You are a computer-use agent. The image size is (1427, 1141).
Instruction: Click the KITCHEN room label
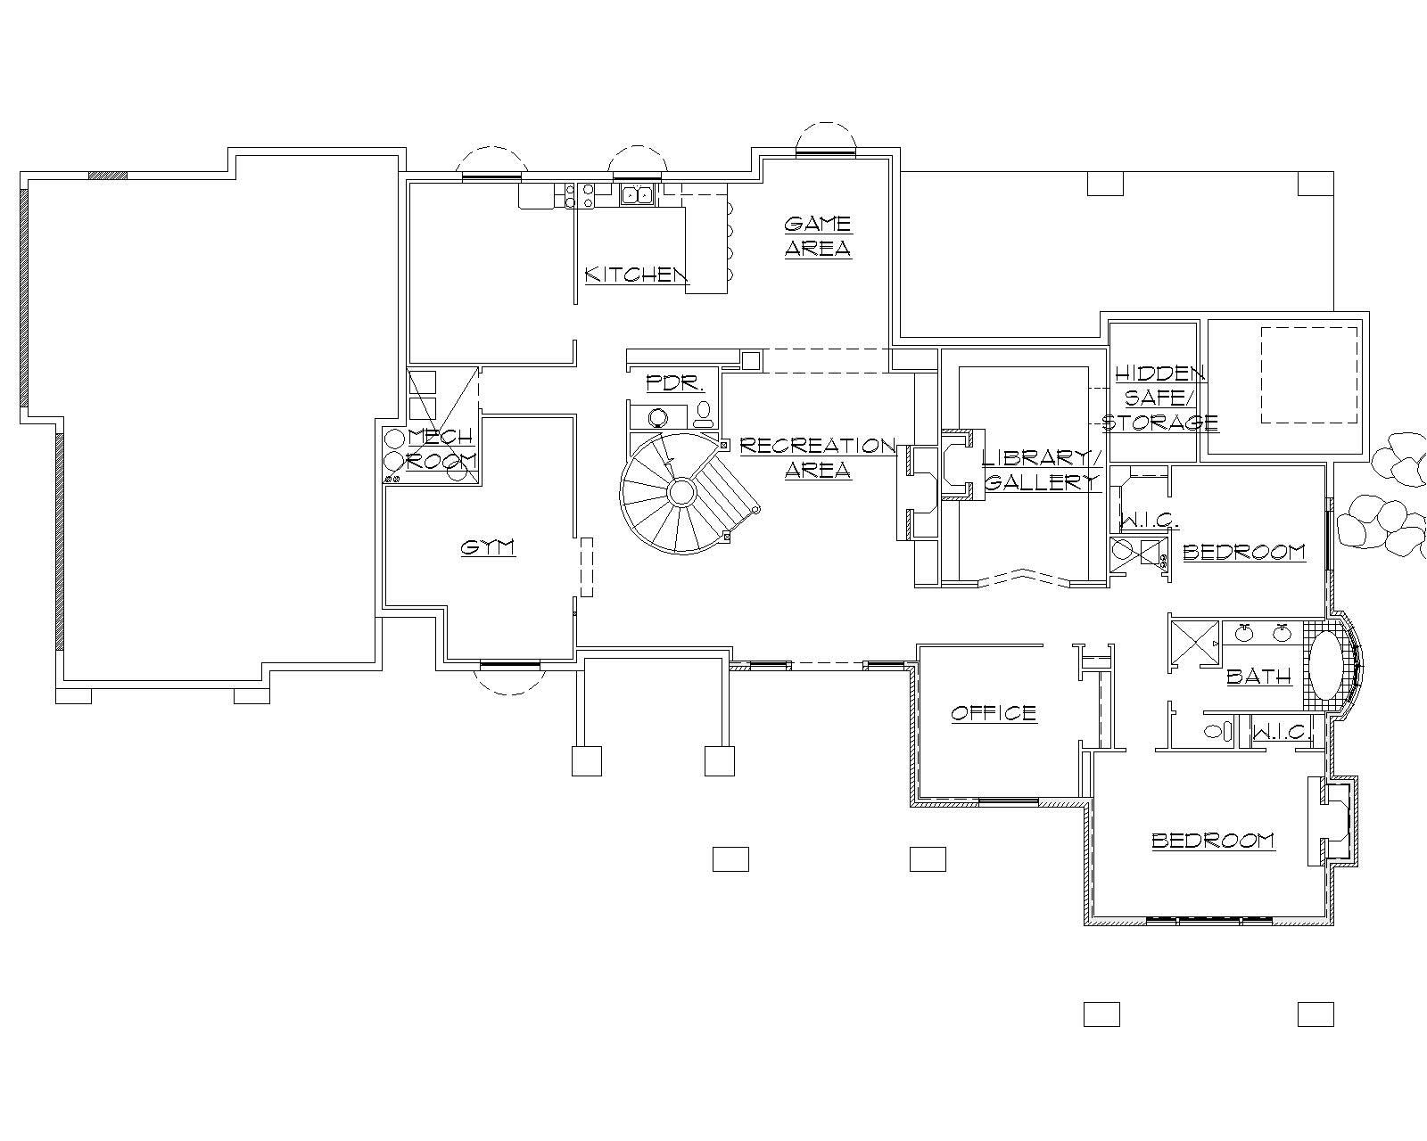[636, 275]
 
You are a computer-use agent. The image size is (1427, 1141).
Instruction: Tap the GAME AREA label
[818, 236]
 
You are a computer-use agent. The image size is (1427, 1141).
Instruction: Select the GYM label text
[488, 547]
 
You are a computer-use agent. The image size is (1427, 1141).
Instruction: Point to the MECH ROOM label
[441, 448]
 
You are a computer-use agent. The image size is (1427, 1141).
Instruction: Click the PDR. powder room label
[675, 383]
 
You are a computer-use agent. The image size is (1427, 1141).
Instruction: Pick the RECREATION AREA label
[818, 457]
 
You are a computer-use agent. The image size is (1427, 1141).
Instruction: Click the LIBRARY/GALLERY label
[1042, 470]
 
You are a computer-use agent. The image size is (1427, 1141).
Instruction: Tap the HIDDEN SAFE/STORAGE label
[1159, 398]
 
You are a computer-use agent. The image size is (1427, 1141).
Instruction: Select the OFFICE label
[994, 713]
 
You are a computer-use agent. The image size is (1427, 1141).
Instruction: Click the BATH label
[1259, 677]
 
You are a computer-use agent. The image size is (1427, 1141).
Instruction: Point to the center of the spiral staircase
[681, 492]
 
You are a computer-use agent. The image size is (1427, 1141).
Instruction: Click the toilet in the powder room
[704, 412]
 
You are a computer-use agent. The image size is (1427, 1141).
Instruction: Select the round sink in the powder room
[659, 417]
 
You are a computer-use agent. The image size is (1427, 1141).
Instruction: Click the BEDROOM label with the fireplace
[1213, 841]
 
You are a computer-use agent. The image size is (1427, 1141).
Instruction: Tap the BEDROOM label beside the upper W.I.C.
[1244, 552]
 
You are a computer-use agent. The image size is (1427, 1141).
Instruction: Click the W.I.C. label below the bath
[1280, 733]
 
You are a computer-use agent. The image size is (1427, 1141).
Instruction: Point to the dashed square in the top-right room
[1308, 374]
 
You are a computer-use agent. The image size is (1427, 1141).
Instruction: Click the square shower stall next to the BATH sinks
[1194, 642]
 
